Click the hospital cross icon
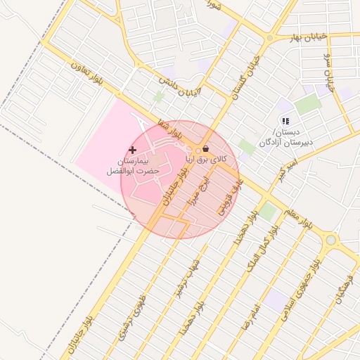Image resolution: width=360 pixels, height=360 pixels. click(133, 150)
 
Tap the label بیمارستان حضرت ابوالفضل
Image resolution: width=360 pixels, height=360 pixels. click(133, 167)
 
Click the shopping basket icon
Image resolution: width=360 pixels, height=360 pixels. click(205, 149)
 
